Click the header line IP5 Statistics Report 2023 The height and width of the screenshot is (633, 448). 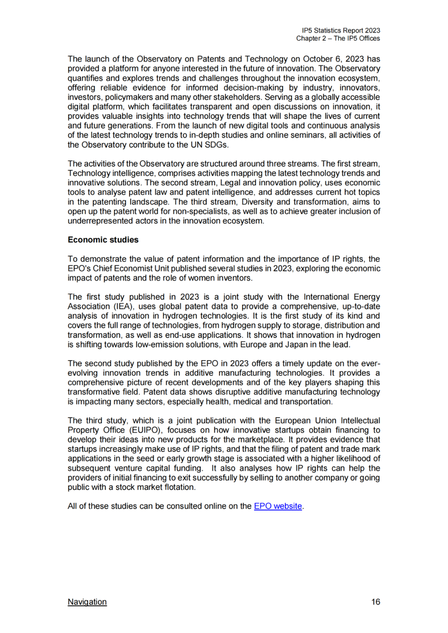(341, 30)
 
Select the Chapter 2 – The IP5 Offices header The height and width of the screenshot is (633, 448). (338, 38)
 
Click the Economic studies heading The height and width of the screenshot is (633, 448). (103, 240)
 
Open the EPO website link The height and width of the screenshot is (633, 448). (278, 506)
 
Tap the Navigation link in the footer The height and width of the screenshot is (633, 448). (87, 602)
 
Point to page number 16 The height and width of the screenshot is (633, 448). (375, 602)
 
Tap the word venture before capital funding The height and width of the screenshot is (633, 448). (129, 468)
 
